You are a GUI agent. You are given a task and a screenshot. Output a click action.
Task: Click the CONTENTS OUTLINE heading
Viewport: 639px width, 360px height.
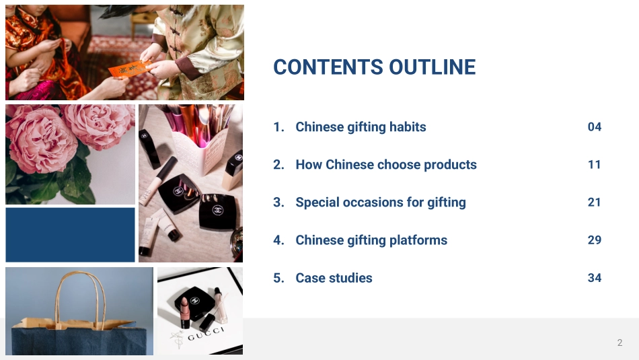tap(374, 67)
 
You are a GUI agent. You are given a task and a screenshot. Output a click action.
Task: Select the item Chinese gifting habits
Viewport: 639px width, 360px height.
tap(361, 127)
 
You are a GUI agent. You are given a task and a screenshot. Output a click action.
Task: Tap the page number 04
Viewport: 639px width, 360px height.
tap(595, 127)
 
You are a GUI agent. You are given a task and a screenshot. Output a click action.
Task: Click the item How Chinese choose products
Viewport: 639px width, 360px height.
tap(386, 164)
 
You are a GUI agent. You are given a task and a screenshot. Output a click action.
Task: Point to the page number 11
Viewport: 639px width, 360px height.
tap(595, 165)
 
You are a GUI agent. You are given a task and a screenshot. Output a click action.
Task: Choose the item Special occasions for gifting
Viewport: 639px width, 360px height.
tap(381, 203)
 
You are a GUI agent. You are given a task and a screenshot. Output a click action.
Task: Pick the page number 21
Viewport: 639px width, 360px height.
tap(595, 203)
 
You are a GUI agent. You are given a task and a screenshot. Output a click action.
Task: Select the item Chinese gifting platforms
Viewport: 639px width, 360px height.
tap(371, 240)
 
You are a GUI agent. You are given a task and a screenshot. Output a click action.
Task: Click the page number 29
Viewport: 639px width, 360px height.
tap(595, 240)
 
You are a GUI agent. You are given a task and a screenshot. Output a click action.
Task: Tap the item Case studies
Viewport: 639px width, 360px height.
tap(334, 278)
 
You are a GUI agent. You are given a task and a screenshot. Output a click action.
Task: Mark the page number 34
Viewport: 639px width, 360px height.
tap(595, 278)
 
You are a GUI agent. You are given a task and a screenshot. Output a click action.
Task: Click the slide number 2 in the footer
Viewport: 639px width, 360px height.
tap(620, 343)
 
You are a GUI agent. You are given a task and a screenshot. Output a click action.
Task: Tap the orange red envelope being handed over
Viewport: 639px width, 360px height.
tap(130, 69)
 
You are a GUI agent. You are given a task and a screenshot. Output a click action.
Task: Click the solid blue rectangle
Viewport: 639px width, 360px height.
tap(70, 235)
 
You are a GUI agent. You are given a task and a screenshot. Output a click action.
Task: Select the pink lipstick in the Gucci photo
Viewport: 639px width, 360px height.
tap(184, 312)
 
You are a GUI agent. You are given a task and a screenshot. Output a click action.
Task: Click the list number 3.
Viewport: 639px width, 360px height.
tap(278, 203)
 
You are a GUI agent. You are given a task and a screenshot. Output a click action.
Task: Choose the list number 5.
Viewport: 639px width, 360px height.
tap(278, 278)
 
